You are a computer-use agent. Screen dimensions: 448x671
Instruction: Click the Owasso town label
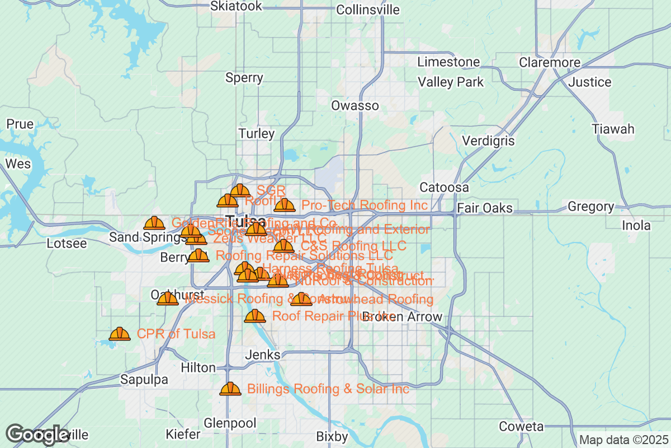[355, 105]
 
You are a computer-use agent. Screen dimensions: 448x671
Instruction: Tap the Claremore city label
[550, 62]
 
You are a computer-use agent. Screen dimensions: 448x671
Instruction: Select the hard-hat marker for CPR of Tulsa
[119, 334]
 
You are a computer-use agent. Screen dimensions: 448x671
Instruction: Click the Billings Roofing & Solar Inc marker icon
[230, 389]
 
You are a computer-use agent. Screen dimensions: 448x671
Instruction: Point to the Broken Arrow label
[402, 317]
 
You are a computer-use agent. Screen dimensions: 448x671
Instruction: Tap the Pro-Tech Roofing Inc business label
[365, 206]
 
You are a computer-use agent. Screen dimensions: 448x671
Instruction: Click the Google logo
[37, 434]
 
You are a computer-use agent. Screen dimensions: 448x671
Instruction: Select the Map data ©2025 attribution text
[623, 440]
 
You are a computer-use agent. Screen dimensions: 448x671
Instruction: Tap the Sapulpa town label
[144, 380]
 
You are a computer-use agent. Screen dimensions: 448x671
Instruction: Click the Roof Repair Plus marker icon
[255, 316]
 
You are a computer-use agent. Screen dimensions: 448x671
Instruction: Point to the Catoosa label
[444, 187]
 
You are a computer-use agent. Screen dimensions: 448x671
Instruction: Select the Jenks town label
[262, 355]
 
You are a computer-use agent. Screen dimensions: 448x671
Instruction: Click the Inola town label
[636, 226]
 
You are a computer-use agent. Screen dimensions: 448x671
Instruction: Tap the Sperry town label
[244, 78]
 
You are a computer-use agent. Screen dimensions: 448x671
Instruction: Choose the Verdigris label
[488, 141]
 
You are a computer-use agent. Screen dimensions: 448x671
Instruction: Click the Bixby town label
[332, 436]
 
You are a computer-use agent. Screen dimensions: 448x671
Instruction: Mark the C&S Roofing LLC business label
[353, 246]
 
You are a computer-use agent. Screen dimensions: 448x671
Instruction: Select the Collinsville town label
[368, 10]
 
